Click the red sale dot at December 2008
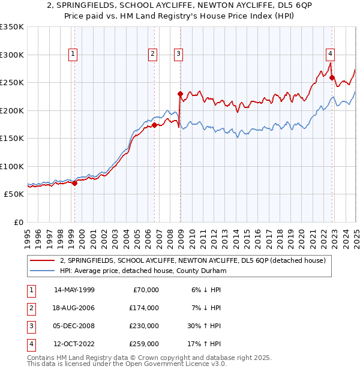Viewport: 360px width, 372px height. (180, 94)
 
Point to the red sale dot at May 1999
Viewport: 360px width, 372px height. (74, 184)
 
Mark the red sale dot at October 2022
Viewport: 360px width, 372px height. (332, 77)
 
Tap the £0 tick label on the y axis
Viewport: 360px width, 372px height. (18, 222)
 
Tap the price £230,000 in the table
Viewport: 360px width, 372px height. (145, 326)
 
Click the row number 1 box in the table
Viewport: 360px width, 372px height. (30, 290)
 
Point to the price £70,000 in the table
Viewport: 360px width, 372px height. (146, 290)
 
